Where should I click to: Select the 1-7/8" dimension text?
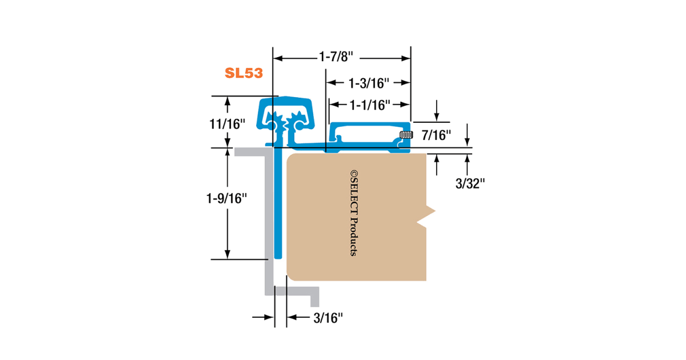click(x=336, y=57)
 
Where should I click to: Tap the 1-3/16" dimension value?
click(x=369, y=83)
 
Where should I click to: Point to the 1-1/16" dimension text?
click(x=369, y=105)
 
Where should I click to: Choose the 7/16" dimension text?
click(x=436, y=135)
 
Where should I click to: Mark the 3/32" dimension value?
click(x=469, y=183)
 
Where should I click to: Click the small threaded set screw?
click(x=405, y=135)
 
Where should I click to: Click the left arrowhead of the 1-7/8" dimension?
click(x=277, y=57)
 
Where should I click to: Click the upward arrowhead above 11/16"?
click(x=228, y=101)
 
